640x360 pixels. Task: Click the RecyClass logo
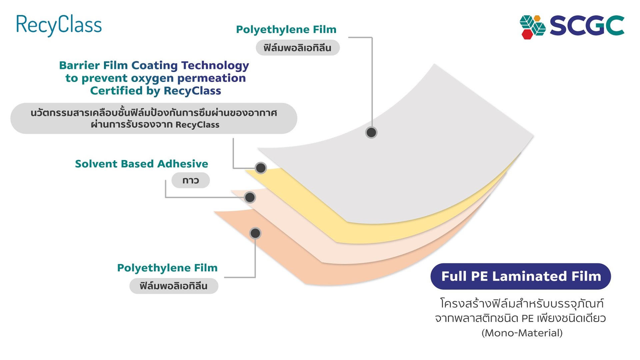(59, 25)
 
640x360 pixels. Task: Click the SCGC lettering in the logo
(587, 26)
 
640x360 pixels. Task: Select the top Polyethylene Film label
(286, 30)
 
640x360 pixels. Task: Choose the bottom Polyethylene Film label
(167, 268)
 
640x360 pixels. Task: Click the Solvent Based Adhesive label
(141, 164)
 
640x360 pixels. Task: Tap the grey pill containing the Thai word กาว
(191, 180)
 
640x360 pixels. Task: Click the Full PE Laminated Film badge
(521, 276)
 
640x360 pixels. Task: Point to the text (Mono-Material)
(522, 333)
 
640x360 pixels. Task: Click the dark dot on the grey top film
(371, 133)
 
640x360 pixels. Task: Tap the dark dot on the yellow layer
(261, 168)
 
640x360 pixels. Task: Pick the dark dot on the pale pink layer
(250, 197)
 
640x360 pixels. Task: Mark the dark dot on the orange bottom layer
(255, 233)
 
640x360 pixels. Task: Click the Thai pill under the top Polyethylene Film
(298, 48)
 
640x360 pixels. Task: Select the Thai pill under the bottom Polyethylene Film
(174, 286)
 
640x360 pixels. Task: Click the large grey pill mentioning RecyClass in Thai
(154, 118)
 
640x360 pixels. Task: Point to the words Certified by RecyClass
(156, 91)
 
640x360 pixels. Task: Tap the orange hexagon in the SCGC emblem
(537, 18)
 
